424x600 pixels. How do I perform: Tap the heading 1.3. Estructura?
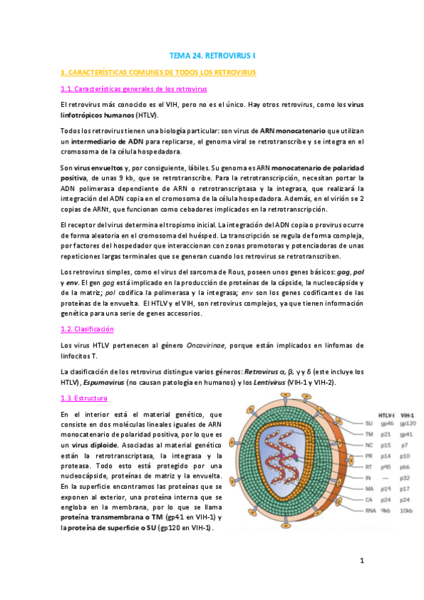[84, 399]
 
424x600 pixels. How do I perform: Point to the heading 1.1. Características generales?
[133, 89]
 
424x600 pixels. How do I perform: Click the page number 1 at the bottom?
[361, 561]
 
